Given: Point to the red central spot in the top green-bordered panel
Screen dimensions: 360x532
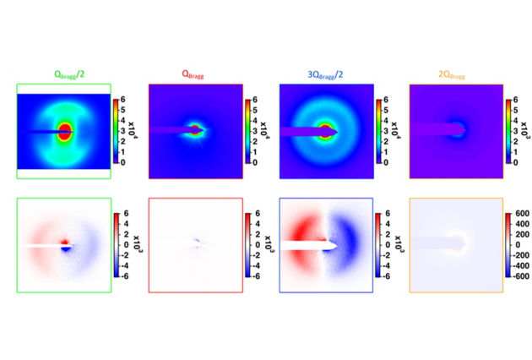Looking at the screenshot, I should (65, 131).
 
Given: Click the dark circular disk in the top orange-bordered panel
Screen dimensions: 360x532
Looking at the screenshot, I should (457, 130).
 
